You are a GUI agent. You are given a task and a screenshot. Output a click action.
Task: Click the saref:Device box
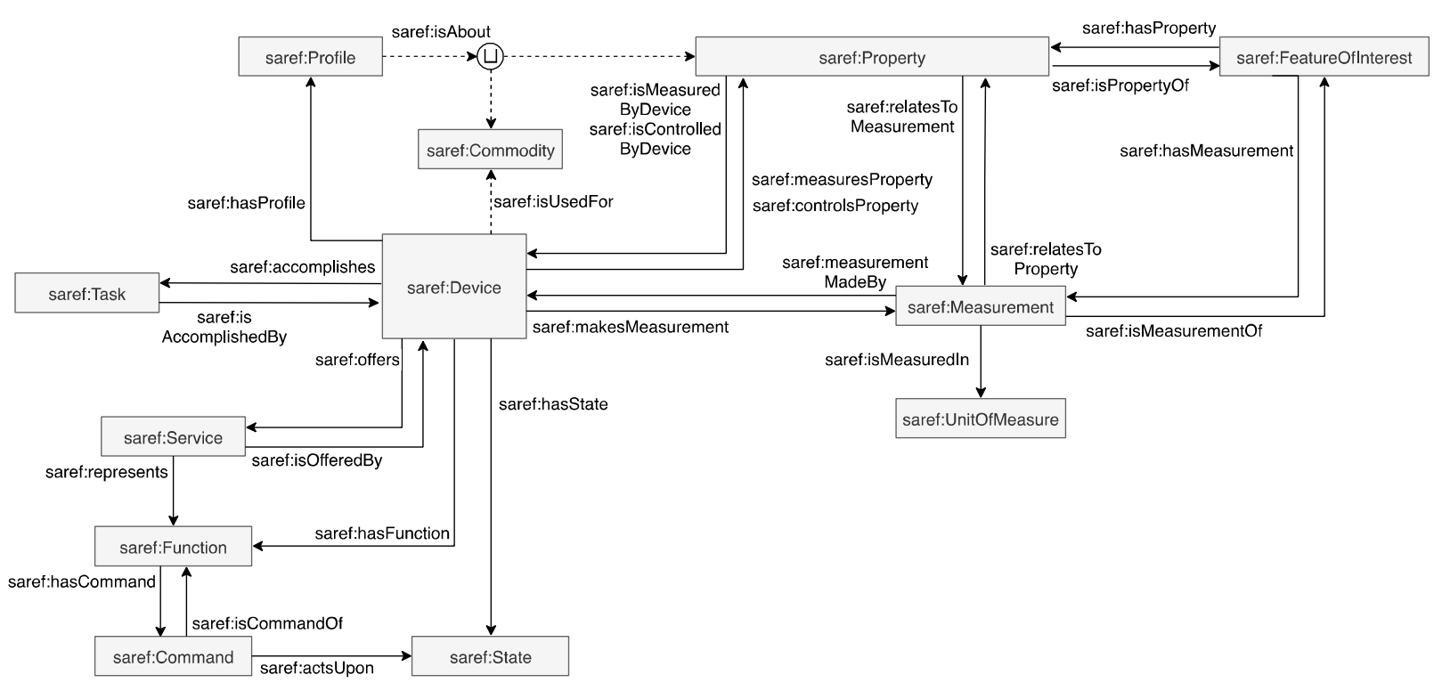(x=453, y=287)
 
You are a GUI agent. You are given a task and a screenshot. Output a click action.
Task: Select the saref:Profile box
(x=310, y=58)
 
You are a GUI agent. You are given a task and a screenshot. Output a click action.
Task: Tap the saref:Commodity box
(x=490, y=150)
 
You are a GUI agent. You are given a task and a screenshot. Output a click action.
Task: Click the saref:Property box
(x=871, y=58)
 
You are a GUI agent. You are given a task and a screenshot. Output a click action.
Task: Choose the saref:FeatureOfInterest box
(x=1323, y=58)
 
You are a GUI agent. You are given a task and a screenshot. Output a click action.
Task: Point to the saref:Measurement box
(x=980, y=307)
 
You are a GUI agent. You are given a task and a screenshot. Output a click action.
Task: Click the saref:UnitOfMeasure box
(x=980, y=419)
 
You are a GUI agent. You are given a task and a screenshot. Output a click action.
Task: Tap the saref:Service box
(x=173, y=437)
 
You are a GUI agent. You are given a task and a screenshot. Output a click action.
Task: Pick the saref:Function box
(x=173, y=548)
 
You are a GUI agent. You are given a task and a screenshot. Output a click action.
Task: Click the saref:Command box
(x=173, y=657)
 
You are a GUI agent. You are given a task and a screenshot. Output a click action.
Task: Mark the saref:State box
(x=490, y=657)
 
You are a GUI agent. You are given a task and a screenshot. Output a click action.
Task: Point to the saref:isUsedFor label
(x=553, y=202)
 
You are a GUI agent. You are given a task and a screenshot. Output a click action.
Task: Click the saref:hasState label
(x=553, y=404)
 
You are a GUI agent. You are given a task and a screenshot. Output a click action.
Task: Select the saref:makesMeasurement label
(x=630, y=328)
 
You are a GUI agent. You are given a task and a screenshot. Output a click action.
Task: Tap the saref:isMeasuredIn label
(x=896, y=360)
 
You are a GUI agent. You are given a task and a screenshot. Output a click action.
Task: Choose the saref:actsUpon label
(x=316, y=668)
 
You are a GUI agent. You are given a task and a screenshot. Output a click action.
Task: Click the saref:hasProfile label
(x=246, y=203)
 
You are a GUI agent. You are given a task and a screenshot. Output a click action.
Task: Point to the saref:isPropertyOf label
(x=1120, y=86)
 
